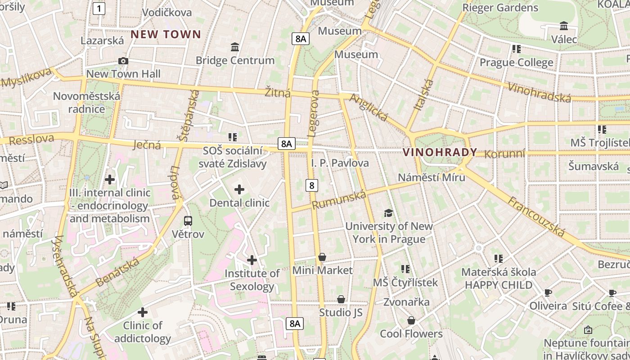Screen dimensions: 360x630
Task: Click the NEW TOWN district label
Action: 166,34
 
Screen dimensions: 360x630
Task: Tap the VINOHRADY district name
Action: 440,152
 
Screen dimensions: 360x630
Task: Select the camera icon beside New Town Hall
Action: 123,61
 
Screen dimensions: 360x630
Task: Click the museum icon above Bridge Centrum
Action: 234,47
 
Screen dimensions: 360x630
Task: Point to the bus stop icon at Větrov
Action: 188,221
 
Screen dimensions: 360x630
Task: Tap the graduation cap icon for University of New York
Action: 388,213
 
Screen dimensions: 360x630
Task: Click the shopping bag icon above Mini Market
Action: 322,257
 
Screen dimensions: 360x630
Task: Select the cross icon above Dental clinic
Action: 239,189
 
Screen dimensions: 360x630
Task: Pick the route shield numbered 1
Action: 99,8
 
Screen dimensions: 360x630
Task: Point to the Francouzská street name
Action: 536,216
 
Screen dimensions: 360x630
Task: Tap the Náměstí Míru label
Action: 431,177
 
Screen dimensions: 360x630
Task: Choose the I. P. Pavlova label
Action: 340,163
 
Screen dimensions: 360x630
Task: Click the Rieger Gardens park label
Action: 500,8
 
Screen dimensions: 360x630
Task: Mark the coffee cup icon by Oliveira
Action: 548,292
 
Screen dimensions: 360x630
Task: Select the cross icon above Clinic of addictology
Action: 143,312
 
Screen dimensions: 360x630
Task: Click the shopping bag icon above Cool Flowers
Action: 411,320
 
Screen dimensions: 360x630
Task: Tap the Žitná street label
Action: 277,93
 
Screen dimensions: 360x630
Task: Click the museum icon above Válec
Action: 564,26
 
